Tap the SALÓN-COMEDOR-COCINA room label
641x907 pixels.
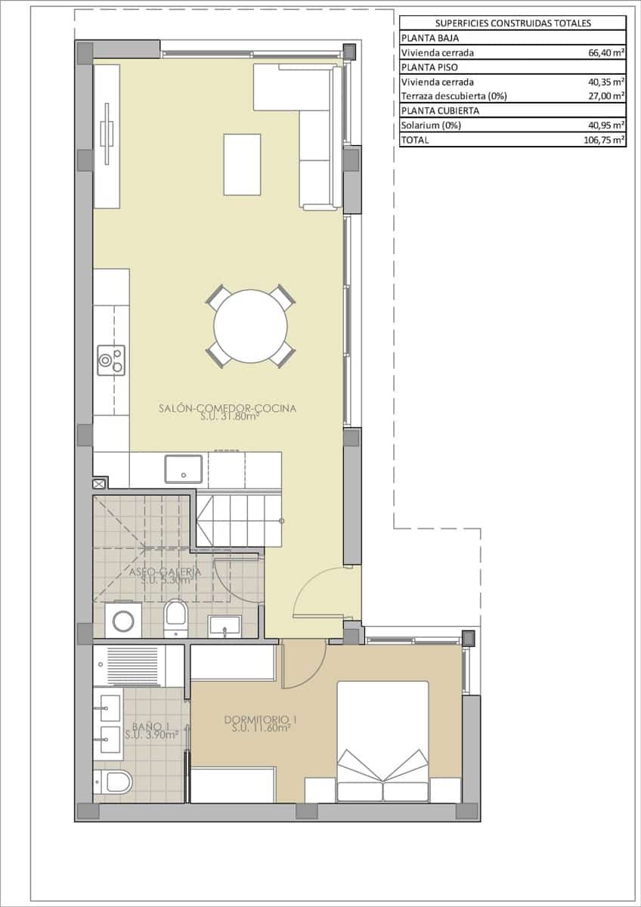tap(227, 410)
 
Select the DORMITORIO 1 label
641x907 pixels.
tap(258, 723)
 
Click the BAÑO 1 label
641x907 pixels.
tap(141, 729)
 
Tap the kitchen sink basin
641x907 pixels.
tap(184, 468)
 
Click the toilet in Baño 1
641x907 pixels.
tap(115, 782)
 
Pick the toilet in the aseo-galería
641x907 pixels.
tap(175, 615)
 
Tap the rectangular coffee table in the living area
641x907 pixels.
tap(242, 164)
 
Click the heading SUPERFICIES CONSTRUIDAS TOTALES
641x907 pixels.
tap(512, 23)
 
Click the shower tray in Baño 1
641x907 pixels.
tap(133, 664)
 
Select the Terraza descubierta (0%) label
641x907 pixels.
tap(454, 96)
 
